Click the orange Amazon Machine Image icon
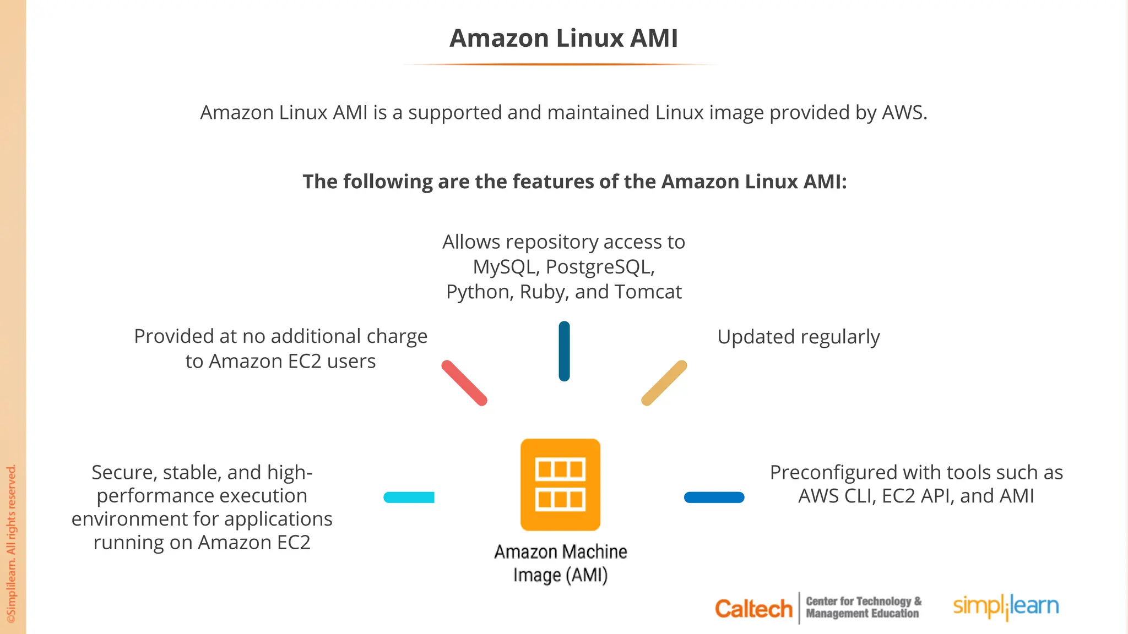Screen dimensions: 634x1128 tap(560, 484)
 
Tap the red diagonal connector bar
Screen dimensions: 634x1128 tap(464, 383)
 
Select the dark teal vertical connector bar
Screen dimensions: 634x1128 tap(564, 351)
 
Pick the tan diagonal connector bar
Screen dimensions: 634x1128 tap(664, 383)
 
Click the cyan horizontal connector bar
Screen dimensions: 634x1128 tap(409, 498)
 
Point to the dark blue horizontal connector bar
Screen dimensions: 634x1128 tap(714, 498)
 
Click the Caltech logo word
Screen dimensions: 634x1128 tap(753, 609)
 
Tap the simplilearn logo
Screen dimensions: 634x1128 tap(1006, 606)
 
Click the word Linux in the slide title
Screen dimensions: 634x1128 tap(589, 39)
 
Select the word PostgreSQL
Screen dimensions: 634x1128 tap(599, 267)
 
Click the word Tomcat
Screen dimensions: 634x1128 tap(648, 292)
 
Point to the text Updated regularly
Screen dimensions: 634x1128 tap(798, 337)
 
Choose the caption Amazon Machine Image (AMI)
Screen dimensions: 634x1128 tap(560, 563)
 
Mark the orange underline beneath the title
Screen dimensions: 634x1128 tap(560, 64)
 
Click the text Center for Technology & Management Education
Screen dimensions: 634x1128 tap(863, 608)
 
